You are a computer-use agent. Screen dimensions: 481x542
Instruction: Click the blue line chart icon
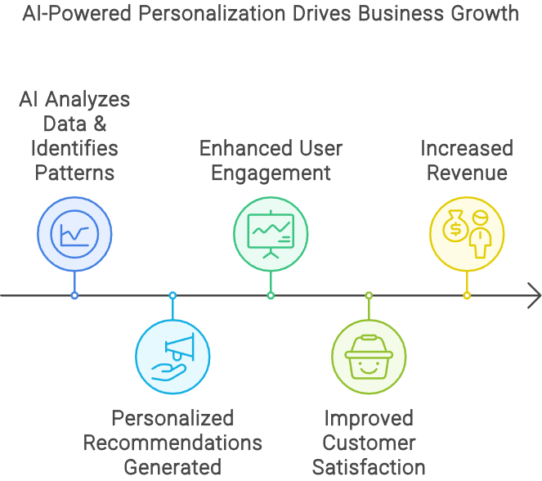[x=74, y=233]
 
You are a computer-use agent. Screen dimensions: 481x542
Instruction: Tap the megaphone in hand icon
[x=172, y=357]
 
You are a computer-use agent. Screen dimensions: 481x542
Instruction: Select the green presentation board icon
[x=271, y=233]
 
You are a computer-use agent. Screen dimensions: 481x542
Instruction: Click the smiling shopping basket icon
[x=369, y=357]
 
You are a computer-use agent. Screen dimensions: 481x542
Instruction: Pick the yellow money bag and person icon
[x=467, y=233]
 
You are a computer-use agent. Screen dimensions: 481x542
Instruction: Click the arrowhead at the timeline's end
[x=534, y=295]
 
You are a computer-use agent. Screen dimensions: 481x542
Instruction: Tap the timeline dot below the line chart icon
[x=74, y=295]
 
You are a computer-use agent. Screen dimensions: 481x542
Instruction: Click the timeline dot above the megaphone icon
[x=172, y=295]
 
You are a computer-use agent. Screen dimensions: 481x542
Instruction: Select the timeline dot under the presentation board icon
[x=271, y=295]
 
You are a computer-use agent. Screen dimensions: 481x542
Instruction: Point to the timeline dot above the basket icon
[x=369, y=295]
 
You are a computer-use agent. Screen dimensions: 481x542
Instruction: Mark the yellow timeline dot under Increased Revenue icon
[x=467, y=295]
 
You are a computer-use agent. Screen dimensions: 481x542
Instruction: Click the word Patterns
[x=74, y=173]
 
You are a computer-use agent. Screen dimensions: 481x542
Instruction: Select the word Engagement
[x=271, y=173]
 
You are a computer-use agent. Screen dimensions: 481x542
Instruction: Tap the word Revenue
[x=467, y=173]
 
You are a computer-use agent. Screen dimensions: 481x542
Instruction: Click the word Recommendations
[x=172, y=443]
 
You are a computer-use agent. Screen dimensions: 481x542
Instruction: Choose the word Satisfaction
[x=369, y=468]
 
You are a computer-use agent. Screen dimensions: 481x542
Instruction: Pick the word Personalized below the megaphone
[x=172, y=419]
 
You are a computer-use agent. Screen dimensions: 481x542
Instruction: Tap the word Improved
[x=369, y=419]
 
